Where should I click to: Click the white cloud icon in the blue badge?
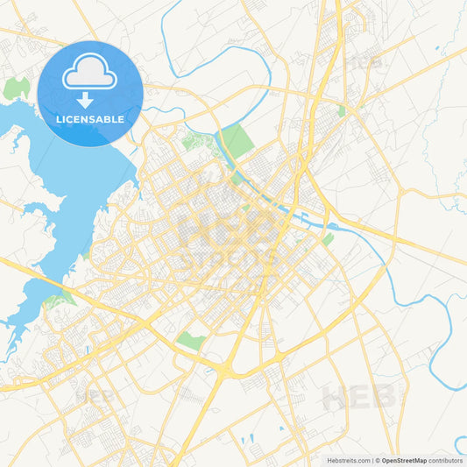89,74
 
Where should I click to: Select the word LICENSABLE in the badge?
89,118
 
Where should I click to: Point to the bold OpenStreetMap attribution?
405,460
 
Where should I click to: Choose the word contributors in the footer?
446,460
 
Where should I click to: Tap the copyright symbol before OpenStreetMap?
378,460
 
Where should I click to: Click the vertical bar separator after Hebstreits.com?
371,460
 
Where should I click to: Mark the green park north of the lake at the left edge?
16,88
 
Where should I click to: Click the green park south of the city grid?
191,341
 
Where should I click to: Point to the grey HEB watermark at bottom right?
359,397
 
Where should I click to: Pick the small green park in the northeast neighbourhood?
342,111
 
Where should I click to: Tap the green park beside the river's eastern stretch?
327,238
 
